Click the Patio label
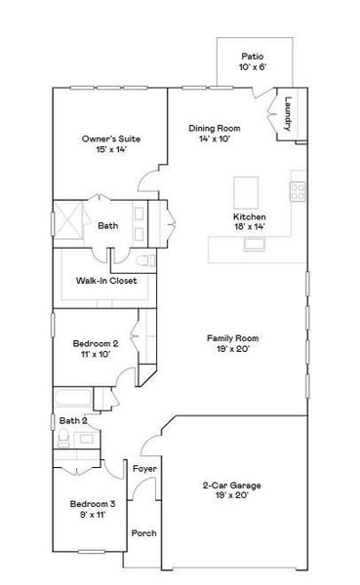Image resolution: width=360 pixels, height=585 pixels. pos(253,56)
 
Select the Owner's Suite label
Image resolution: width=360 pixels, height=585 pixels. pos(103,139)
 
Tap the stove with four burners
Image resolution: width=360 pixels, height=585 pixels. pos(299,191)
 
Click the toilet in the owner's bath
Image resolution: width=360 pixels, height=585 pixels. pos(144,259)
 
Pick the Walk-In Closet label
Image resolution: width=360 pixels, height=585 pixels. pos(106,282)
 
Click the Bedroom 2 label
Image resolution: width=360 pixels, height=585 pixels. pos(96,343)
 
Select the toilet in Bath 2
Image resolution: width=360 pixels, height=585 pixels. pos(62,440)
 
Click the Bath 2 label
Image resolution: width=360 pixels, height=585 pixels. pos(72,420)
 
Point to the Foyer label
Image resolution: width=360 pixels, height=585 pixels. pos(144,469)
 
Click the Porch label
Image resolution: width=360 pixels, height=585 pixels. pos(143,533)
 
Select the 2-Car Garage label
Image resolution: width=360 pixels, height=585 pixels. pos(231,485)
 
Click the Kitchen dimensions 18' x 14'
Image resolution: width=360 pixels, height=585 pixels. pos(250,226)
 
